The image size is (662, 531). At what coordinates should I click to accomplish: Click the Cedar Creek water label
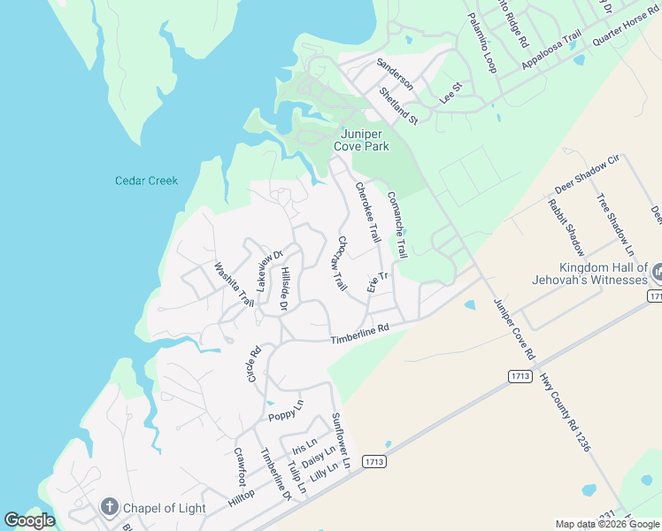coord(146,181)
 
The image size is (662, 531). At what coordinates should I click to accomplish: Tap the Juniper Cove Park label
coord(360,140)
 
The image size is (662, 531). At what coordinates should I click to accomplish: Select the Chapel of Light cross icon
coord(109,507)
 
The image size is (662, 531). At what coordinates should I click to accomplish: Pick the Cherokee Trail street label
coord(367,212)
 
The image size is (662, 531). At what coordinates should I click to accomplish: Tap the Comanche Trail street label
coord(396,225)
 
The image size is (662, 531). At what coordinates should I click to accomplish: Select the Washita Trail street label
coord(234,284)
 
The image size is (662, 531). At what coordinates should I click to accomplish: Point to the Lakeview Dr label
coord(268,271)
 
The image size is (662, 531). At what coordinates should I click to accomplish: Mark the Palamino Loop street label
coord(481,43)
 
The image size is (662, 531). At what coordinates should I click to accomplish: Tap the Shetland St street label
coord(397,104)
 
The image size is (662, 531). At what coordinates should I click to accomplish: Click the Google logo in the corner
coord(29,520)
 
